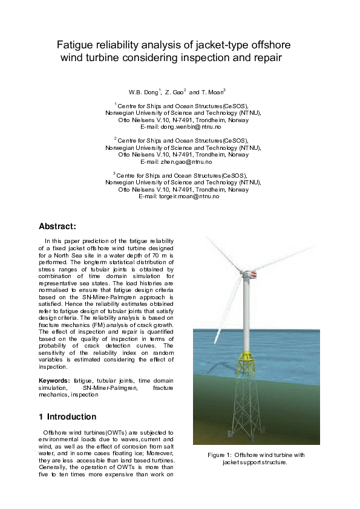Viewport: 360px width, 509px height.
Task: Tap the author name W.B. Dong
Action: (x=143, y=92)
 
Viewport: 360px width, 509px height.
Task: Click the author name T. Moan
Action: (x=212, y=92)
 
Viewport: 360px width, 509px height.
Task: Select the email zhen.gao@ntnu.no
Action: (x=185, y=162)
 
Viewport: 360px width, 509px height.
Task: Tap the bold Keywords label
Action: (x=54, y=380)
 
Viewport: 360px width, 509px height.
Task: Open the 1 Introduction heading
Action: (x=67, y=417)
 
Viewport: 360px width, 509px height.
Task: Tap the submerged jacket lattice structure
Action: (x=247, y=405)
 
